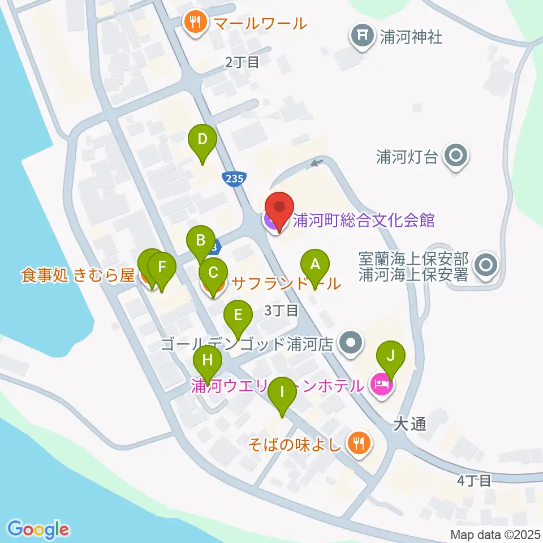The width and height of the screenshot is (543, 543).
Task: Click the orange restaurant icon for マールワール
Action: [196, 23]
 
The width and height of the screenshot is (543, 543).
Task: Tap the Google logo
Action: [38, 529]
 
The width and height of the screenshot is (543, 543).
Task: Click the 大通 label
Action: [410, 424]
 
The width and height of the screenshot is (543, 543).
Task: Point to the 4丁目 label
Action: [474, 480]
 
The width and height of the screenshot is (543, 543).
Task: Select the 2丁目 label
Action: [242, 62]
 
